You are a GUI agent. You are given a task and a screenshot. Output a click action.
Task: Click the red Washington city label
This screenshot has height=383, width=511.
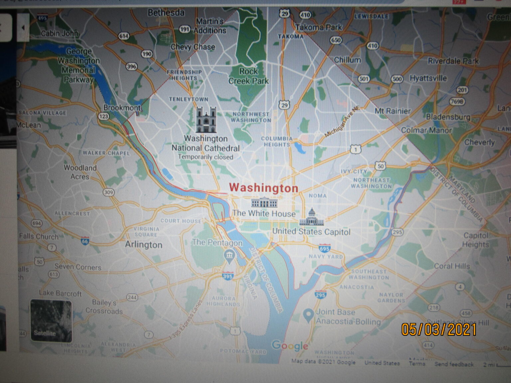pos(263,188)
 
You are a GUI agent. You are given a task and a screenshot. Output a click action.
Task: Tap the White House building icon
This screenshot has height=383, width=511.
pos(264,202)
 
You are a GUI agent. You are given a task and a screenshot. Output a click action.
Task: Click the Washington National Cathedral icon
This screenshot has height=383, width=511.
pos(206,120)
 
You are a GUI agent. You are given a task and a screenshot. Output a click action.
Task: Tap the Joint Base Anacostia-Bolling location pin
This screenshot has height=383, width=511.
pos(309,315)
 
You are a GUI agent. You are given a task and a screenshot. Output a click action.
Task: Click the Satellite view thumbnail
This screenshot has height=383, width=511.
pos(51,321)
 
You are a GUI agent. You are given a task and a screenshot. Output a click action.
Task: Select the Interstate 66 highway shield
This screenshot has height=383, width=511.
pos(85,241)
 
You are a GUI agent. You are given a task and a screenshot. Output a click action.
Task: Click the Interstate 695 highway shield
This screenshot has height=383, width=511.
pos(324,248)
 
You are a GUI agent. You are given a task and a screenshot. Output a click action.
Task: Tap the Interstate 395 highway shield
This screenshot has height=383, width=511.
pos(228,276)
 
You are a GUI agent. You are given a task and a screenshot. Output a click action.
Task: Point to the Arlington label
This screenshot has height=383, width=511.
pos(144,245)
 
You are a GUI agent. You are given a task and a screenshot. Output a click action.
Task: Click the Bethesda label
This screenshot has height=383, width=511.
pos(166,13)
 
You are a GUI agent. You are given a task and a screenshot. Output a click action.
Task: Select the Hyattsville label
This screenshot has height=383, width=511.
pos(428,78)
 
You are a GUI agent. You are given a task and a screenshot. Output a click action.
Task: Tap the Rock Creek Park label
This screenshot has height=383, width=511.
pos(249,76)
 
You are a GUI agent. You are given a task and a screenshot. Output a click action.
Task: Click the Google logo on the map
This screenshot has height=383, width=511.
pos(290,346)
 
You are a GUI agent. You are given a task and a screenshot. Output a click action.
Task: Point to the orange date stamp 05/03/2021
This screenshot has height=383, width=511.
pos(439,329)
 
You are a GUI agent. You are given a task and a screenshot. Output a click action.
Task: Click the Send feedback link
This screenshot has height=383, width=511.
pos(454,364)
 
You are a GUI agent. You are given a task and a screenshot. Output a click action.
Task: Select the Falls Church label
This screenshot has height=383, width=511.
pos(39,236)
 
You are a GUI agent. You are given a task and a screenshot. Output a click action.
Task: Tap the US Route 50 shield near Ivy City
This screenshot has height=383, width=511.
pos(381,166)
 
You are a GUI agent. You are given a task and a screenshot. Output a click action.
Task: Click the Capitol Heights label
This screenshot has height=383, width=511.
pos(476,240)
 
